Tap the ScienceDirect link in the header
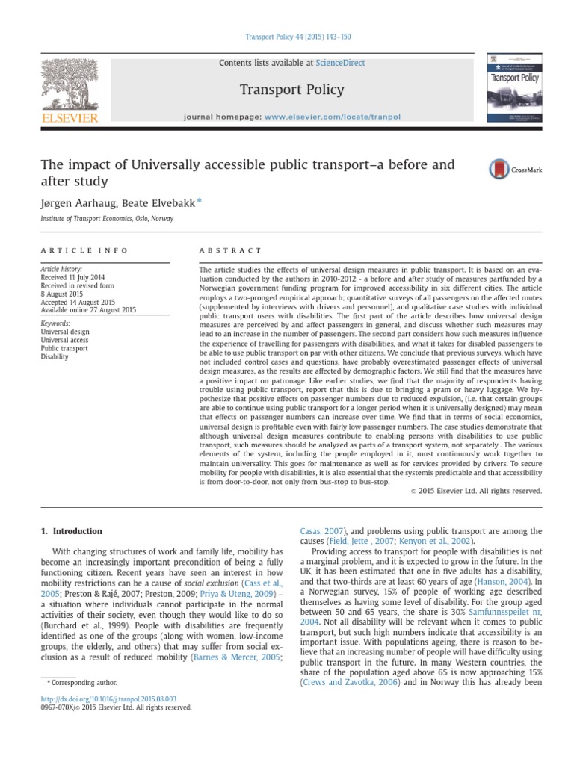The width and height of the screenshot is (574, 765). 341,63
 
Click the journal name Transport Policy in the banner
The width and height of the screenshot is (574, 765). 291,90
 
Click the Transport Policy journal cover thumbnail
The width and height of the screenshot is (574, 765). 514,87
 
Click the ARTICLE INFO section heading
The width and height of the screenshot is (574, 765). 84,250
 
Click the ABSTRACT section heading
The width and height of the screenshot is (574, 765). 230,250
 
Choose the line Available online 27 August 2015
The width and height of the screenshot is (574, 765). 89,310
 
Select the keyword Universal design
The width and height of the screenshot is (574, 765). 66,331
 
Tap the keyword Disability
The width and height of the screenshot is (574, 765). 55,356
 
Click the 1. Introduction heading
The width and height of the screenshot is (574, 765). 71,531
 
